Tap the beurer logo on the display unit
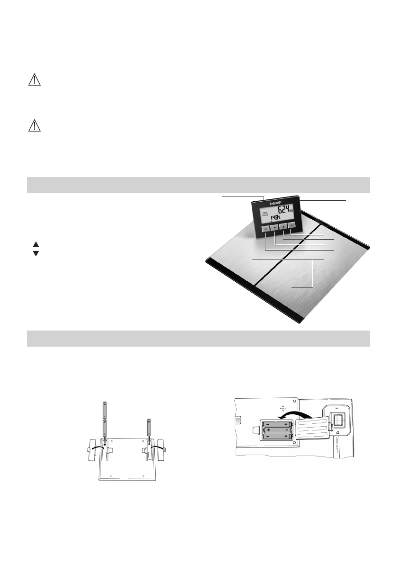coord(276,202)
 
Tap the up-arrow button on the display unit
coord(283,226)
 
